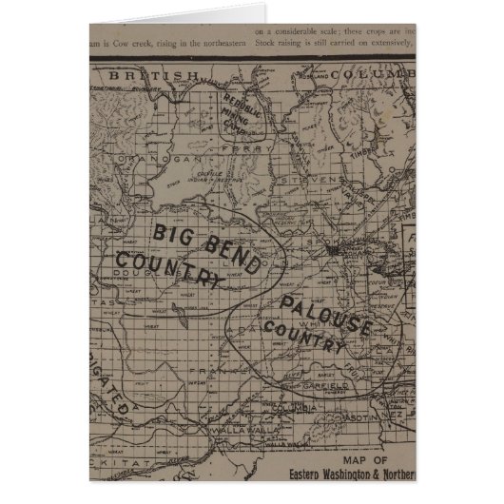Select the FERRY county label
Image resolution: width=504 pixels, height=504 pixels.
coord(233,148)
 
